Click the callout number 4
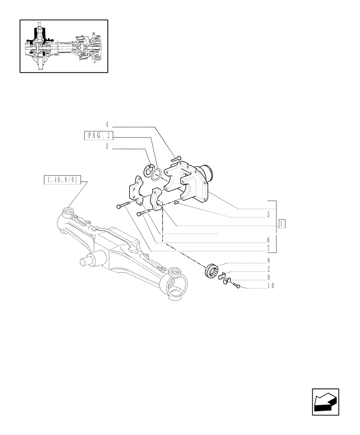tap(107, 127)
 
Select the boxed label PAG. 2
tap(98, 136)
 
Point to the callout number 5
tap(268, 214)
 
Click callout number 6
tap(269, 240)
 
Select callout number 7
tap(269, 248)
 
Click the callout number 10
tap(270, 286)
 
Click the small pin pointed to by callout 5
tap(176, 202)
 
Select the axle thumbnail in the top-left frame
tap(64, 46)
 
